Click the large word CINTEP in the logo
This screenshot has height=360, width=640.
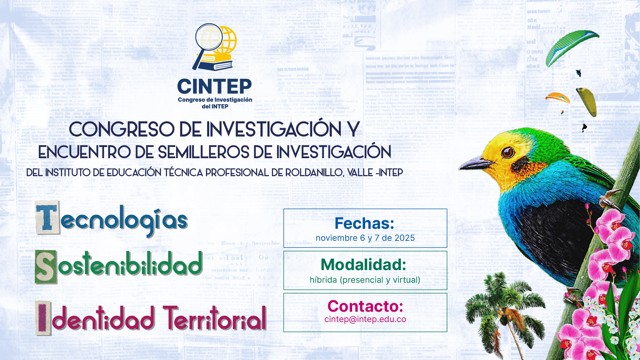pyautogui.click(x=215, y=87)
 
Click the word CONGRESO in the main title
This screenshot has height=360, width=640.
pyautogui.click(x=122, y=129)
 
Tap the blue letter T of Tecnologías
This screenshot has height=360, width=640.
pyautogui.click(x=48, y=218)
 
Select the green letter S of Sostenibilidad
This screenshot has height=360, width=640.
pyautogui.click(x=46, y=267)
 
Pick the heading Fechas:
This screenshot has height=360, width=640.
pyautogui.click(x=364, y=223)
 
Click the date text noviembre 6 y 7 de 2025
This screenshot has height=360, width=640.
pyautogui.click(x=365, y=238)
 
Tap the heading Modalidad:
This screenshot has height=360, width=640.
pyautogui.click(x=363, y=265)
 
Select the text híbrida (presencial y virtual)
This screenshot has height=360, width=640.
pyautogui.click(x=365, y=280)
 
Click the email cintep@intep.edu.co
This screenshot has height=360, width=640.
pyautogui.click(x=365, y=319)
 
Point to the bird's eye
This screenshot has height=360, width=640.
pyautogui.click(x=507, y=153)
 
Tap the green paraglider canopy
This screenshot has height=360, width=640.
pyautogui.click(x=571, y=47)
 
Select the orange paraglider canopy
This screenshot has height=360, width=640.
pyautogui.click(x=558, y=98)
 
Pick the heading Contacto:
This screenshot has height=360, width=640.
pyautogui.click(x=365, y=306)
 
